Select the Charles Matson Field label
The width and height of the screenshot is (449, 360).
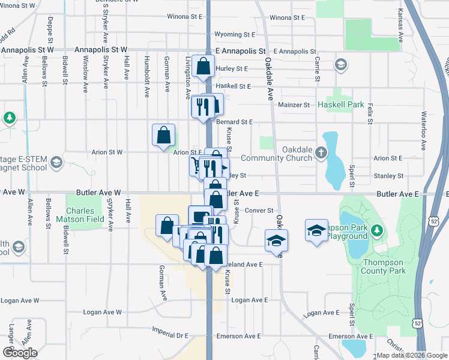80,215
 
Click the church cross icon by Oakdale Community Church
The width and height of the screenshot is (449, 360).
321,152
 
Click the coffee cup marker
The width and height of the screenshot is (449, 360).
200,216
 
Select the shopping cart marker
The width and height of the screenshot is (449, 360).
196,164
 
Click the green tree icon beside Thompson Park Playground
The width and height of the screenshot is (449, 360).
376,230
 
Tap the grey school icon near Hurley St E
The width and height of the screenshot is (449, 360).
340,64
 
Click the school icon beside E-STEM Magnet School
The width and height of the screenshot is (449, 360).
56,163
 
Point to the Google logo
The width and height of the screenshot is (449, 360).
20,353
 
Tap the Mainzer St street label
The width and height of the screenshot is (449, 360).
294,105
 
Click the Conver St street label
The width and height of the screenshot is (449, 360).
259,211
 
